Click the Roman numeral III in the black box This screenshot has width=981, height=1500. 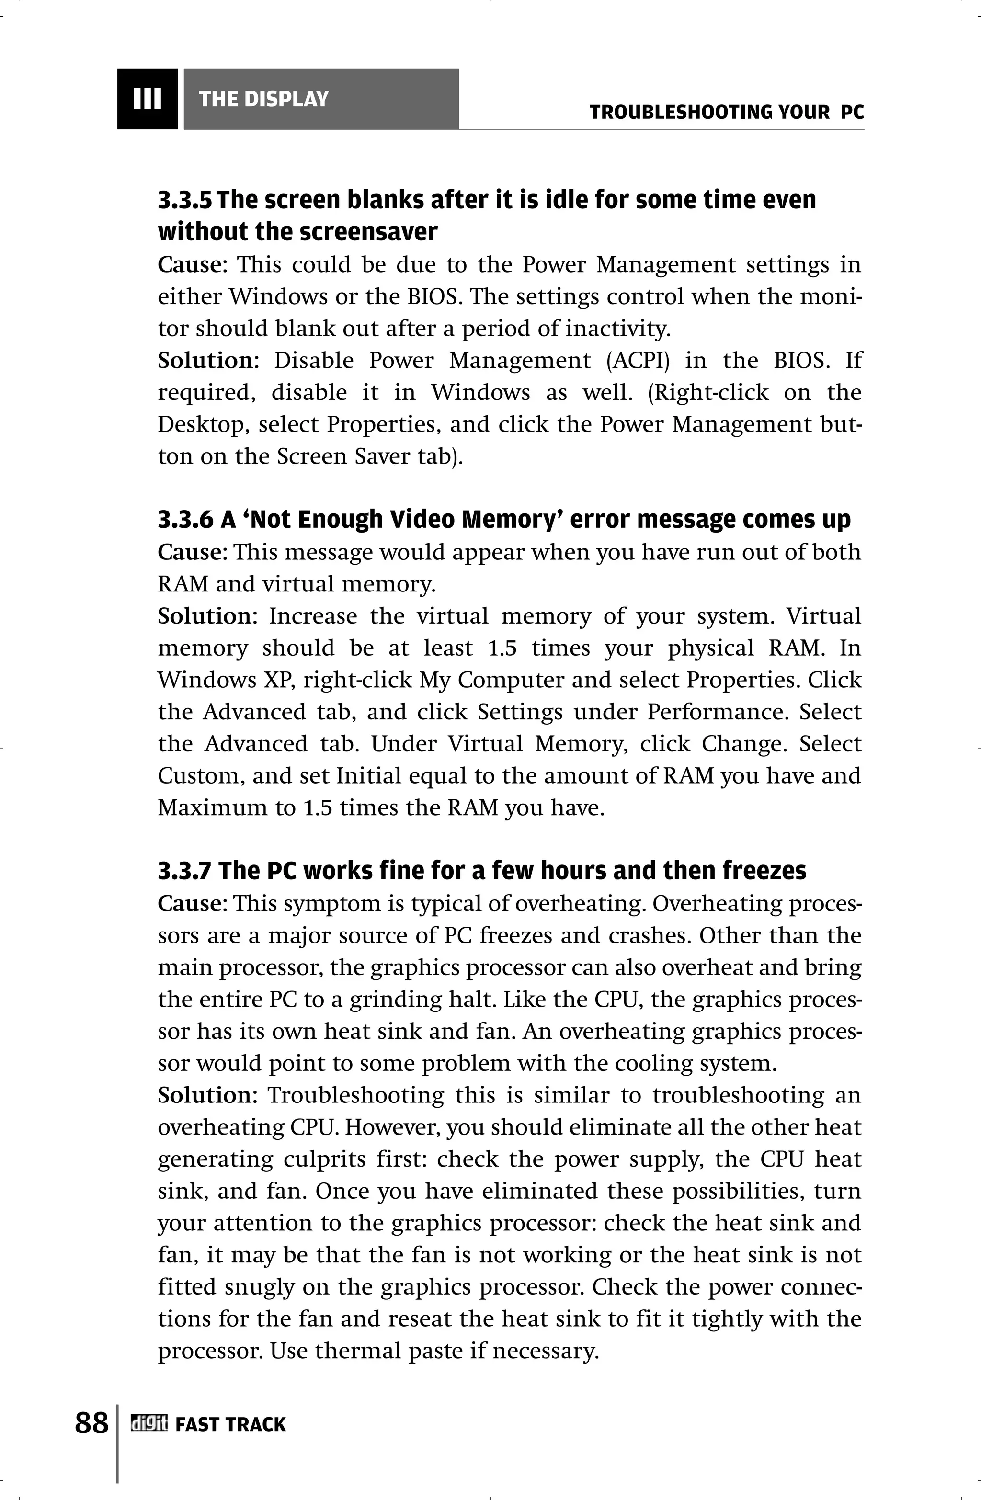(147, 99)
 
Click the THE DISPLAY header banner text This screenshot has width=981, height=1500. (263, 99)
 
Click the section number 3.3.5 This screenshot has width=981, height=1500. (185, 200)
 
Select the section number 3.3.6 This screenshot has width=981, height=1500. (185, 519)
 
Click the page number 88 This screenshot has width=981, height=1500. (91, 1422)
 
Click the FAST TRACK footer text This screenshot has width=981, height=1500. (230, 1424)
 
